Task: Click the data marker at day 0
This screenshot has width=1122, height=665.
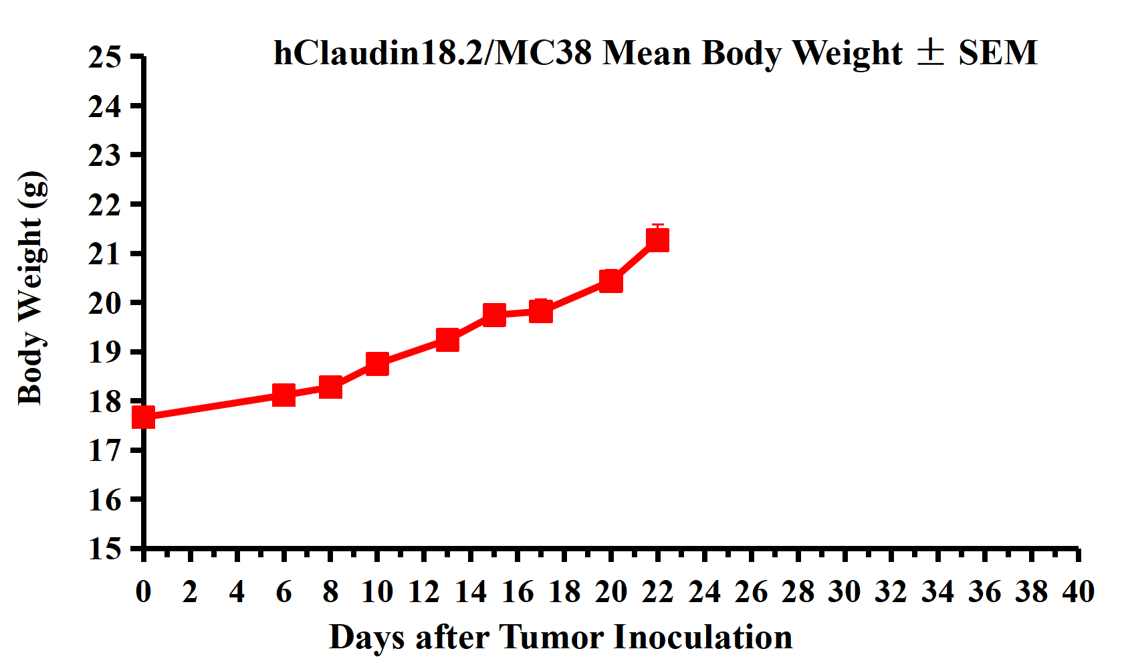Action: click(143, 417)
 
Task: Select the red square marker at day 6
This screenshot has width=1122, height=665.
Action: click(284, 395)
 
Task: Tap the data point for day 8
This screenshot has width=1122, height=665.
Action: click(330, 387)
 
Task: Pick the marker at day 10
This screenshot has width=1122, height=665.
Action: click(377, 364)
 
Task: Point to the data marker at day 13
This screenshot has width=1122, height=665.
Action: click(447, 340)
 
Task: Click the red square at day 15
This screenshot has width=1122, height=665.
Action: click(494, 314)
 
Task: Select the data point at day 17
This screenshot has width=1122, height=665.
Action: click(541, 310)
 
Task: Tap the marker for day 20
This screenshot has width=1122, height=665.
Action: click(610, 282)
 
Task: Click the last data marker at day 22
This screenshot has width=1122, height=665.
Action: click(657, 240)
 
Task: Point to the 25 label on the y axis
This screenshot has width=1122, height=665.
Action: click(105, 58)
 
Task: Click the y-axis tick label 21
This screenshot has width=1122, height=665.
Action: click(105, 254)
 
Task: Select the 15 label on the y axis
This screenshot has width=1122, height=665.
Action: click(105, 549)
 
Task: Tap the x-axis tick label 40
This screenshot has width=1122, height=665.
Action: click(1078, 592)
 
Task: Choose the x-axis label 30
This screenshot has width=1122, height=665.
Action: click(844, 592)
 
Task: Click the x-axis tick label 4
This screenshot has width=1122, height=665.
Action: click(237, 592)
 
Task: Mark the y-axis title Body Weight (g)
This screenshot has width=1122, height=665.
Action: click(31, 288)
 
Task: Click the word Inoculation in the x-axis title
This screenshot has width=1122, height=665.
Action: click(703, 637)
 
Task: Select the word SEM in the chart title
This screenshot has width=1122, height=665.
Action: click(998, 53)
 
